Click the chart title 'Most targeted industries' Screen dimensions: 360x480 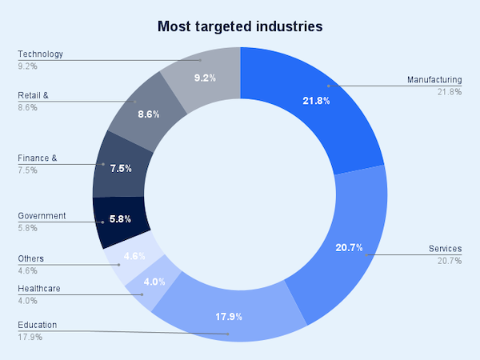(240, 26)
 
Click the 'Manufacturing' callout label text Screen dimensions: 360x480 (434, 80)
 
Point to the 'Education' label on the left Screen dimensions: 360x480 (38, 326)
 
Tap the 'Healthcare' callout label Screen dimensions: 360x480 (39, 288)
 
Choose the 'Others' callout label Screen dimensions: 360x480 (31, 258)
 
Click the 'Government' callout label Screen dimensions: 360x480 (42, 215)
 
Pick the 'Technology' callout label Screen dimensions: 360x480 (40, 54)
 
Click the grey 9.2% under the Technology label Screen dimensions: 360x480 (26, 66)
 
